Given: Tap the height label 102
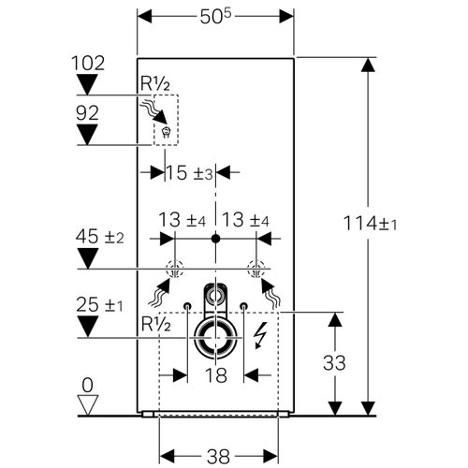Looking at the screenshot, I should coord(88,63).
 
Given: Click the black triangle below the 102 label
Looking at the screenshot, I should coord(88,85).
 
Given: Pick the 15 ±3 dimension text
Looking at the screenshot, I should coord(190,173).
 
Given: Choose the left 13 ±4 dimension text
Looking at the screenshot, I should coord(181,221).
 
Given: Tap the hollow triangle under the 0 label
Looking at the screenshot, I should coord(87,404).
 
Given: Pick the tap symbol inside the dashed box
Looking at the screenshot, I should coord(166,133).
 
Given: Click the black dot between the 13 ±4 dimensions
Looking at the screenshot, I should coord(216,238).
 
